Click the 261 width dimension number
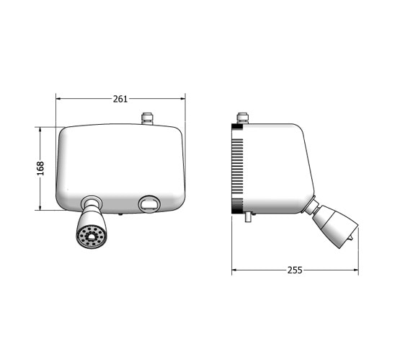coord(120,99)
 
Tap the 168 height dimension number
coord(40,167)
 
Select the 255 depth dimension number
coord(294,270)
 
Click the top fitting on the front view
coord(148,118)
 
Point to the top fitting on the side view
coord(242,118)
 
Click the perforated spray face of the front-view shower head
coord(92,236)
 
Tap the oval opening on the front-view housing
coord(148,204)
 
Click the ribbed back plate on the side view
coord(236,168)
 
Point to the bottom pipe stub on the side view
coord(247,216)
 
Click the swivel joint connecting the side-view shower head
coord(311,208)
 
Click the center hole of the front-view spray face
coord(92,237)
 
